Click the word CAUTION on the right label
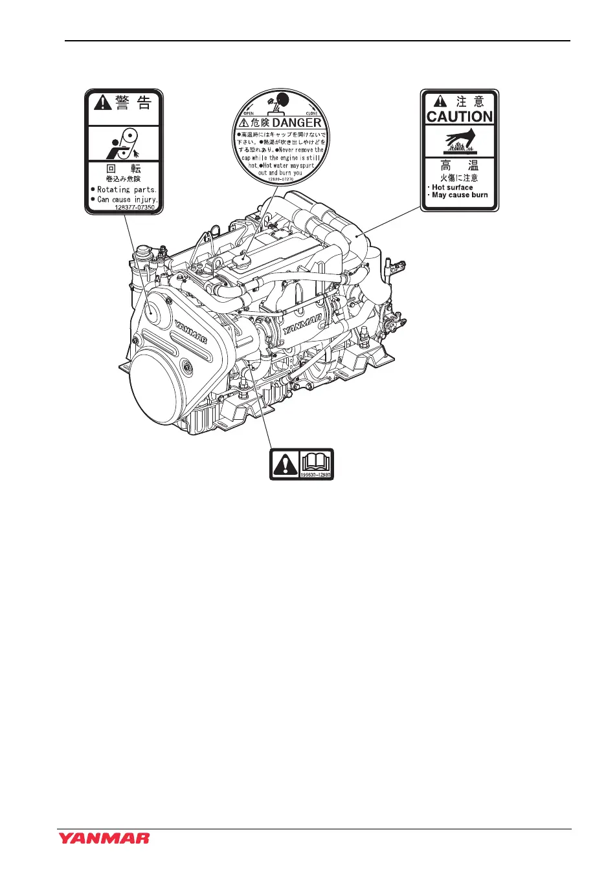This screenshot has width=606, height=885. [x=460, y=117]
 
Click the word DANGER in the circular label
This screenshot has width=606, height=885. [x=297, y=122]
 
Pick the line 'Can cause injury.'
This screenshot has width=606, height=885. [x=127, y=199]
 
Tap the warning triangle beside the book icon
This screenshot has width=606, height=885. [x=286, y=464]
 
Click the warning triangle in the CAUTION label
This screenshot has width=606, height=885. [x=440, y=102]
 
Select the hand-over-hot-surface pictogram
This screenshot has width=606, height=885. [x=460, y=140]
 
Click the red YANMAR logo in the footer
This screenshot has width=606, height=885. [x=104, y=838]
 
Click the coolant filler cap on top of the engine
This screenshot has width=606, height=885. [x=244, y=263]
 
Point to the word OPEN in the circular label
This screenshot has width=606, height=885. [x=249, y=113]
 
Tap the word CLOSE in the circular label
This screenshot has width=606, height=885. [x=311, y=113]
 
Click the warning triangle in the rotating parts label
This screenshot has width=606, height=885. [x=103, y=103]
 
